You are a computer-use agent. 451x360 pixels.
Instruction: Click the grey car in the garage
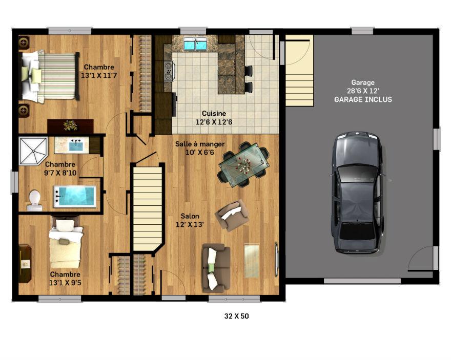(357, 193)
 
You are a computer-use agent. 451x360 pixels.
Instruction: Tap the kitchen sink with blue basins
(196, 44)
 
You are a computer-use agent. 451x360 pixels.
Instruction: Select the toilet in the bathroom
(34, 200)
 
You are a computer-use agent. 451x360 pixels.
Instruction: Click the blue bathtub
(75, 197)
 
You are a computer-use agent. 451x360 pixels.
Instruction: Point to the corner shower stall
(33, 151)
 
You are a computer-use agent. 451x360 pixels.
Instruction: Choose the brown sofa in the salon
(216, 268)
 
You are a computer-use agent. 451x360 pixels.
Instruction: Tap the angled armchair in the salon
(232, 215)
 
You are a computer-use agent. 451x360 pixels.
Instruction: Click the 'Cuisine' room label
(214, 114)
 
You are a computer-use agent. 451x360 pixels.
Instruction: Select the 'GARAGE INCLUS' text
(363, 99)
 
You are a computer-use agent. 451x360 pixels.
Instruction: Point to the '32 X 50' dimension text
(236, 316)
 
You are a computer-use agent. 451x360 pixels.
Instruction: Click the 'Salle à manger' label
(200, 144)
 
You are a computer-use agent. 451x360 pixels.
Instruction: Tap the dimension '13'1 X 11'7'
(99, 76)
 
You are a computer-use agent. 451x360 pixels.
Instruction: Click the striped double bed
(49, 76)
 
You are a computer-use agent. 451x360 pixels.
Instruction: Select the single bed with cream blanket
(65, 243)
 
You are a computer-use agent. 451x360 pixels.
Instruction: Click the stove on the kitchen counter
(169, 71)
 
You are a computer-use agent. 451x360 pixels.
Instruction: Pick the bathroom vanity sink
(76, 145)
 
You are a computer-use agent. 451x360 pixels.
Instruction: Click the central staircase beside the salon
(148, 207)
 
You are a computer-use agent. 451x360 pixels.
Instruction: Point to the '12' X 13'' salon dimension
(190, 224)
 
